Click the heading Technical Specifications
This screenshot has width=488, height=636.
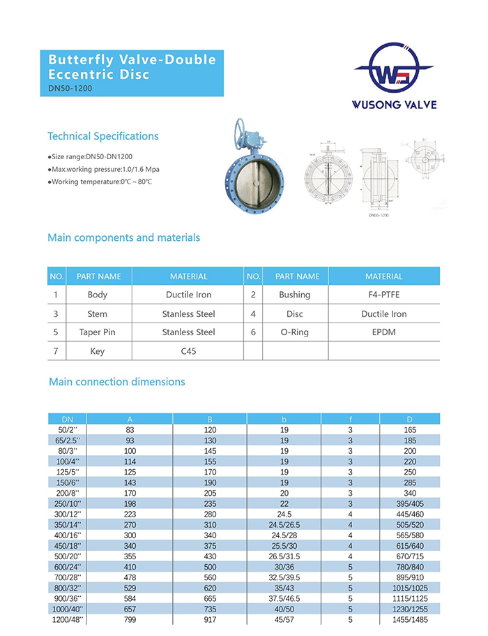[102, 136]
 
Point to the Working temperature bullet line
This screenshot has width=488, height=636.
[100, 182]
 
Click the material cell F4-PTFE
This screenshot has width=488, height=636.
[383, 295]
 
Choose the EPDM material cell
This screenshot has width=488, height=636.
[383, 332]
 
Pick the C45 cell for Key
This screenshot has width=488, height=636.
[188, 351]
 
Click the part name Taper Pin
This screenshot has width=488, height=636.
[98, 332]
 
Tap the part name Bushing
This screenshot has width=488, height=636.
[294, 295]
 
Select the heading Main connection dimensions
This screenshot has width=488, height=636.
[116, 382]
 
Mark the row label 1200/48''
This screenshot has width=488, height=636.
[67, 619]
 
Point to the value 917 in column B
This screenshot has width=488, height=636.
[210, 619]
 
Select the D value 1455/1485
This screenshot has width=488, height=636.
[410, 619]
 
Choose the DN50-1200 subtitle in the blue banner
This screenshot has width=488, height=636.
[70, 89]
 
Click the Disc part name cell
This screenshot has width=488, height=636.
[294, 314]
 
